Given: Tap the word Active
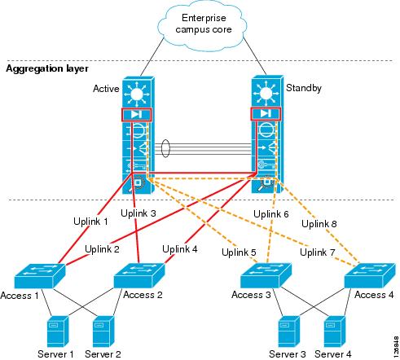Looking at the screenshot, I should (x=106, y=87).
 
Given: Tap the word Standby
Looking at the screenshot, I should (x=303, y=87).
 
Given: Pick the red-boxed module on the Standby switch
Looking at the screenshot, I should (x=263, y=113).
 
